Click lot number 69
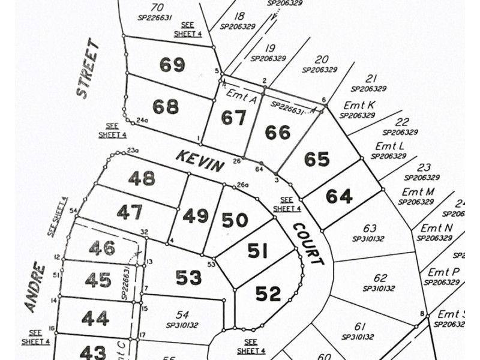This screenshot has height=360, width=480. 172,65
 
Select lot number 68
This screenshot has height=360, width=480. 166,107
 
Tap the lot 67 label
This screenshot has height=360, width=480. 233,118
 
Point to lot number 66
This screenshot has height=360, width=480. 277,133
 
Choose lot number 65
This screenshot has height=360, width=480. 317,160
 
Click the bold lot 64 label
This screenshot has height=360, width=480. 339,196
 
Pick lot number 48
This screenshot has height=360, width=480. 142,178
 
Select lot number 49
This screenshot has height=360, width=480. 195,216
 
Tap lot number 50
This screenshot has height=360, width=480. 235,220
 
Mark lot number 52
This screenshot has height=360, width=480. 268,294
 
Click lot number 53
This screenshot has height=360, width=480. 188,278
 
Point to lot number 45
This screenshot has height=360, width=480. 98,280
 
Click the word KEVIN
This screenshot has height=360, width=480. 200,161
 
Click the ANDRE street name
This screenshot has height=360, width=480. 35,287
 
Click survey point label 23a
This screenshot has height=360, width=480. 133,151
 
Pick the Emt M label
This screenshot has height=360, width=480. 418,192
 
